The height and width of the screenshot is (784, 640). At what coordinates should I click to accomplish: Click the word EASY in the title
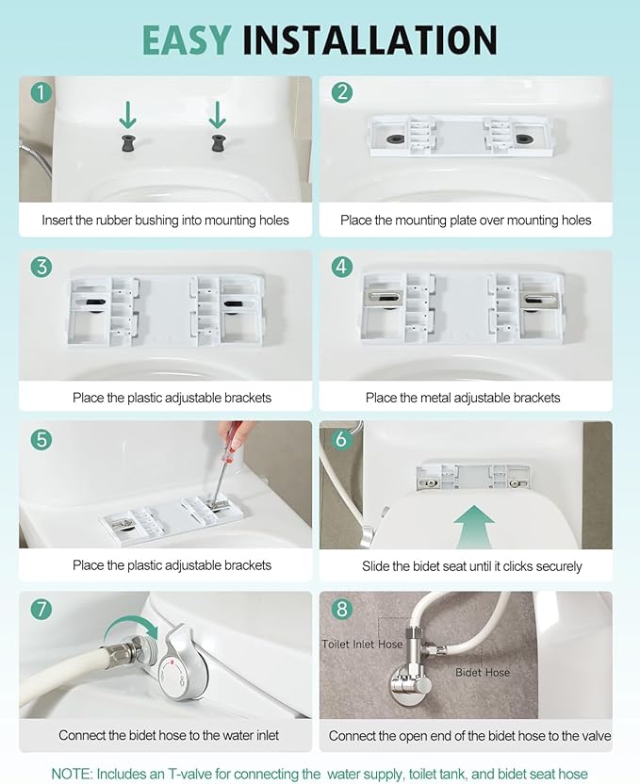(x=187, y=40)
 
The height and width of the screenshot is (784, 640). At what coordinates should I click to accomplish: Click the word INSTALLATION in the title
(x=370, y=40)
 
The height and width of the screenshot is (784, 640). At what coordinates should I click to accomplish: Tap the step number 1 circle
(x=41, y=92)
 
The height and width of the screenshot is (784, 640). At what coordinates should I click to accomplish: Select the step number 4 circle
(x=342, y=267)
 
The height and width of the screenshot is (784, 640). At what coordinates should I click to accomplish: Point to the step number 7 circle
(x=41, y=609)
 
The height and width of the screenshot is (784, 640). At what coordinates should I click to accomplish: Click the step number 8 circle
(x=342, y=609)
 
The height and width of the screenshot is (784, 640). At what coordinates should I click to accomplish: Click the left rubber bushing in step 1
(x=128, y=143)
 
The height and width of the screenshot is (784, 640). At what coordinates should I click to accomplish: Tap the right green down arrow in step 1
(x=218, y=115)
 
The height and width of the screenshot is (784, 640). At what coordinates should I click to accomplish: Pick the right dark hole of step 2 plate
(x=523, y=139)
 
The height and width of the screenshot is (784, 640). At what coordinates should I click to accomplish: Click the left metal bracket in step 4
(x=384, y=298)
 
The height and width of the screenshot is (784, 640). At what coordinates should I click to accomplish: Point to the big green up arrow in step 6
(x=474, y=527)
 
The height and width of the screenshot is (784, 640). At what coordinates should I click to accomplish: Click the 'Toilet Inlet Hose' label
(x=362, y=644)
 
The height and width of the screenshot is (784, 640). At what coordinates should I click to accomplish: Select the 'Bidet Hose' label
(x=483, y=673)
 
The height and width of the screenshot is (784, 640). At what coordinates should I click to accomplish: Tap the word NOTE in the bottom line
(x=72, y=774)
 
